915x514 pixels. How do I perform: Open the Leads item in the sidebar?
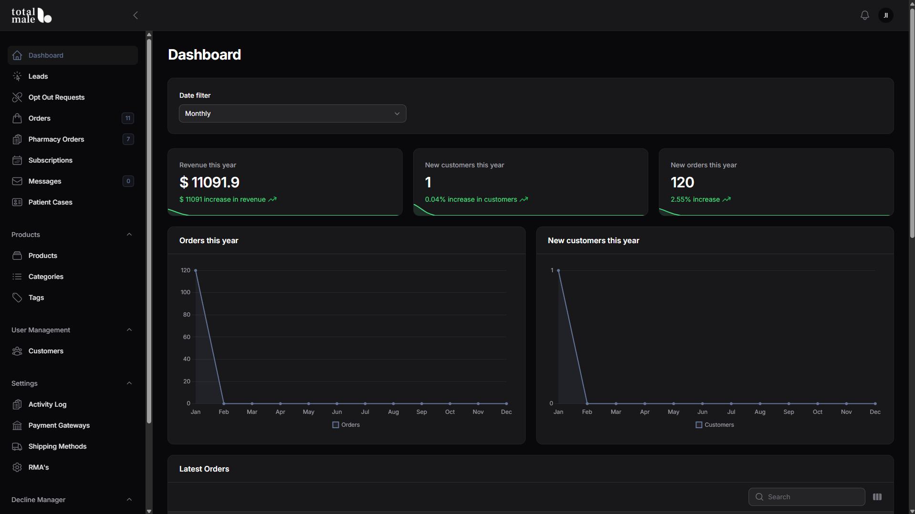pos(38,76)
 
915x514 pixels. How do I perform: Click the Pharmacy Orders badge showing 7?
pos(128,139)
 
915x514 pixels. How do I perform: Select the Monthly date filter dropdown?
pos(292,113)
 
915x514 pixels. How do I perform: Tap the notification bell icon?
pos(864,15)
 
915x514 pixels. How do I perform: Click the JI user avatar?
pos(886,15)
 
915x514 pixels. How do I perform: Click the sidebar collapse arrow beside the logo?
pos(135,15)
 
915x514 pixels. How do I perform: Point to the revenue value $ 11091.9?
pos(209,182)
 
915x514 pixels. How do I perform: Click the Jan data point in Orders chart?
pos(196,270)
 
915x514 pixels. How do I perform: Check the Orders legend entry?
pos(346,425)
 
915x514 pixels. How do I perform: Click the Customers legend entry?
pos(715,425)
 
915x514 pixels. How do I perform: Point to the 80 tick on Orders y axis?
pos(187,315)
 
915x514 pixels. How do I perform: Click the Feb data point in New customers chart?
pos(587,403)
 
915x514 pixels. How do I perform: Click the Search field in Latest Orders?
pos(807,497)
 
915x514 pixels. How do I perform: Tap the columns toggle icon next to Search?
pos(877,497)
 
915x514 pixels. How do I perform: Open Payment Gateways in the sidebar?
pos(59,425)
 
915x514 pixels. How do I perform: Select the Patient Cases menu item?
pos(50,202)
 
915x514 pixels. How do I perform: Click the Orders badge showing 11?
pos(128,118)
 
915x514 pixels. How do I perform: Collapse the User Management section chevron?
pos(129,330)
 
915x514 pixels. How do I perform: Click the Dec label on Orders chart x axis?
pos(506,412)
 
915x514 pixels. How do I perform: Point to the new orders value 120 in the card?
pos(682,182)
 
